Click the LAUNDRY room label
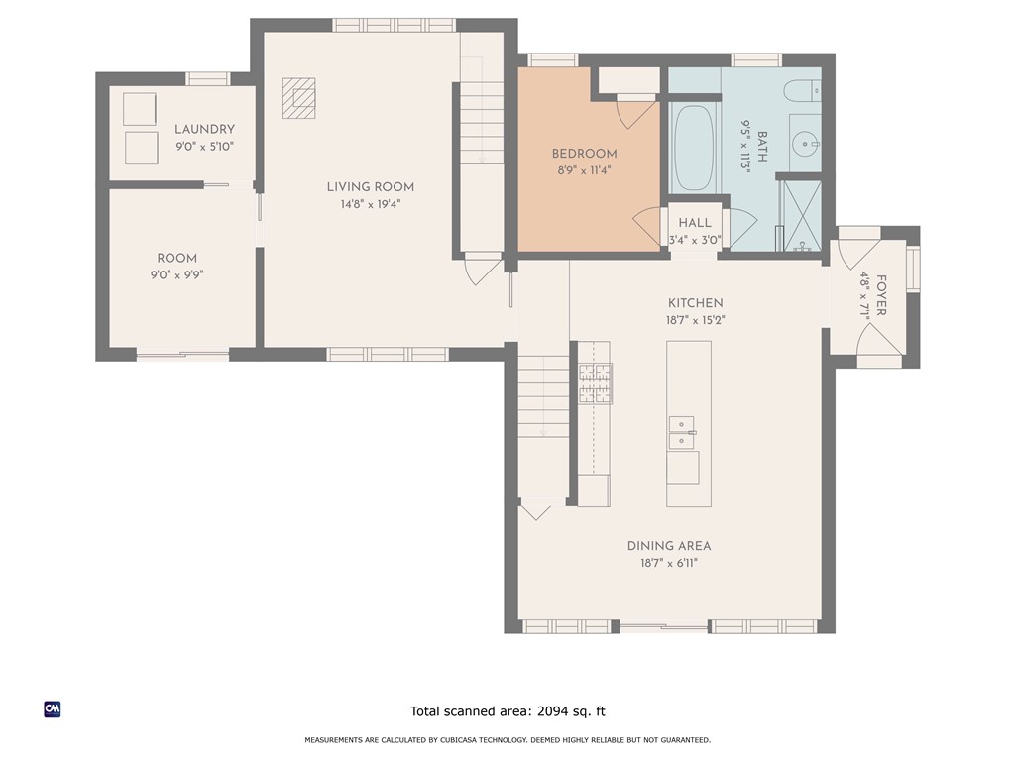[204, 130]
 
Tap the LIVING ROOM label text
[371, 187]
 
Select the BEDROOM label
[584, 154]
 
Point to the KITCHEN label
[695, 303]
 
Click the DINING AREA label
[669, 546]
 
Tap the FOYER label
[881, 295]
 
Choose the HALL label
[695, 223]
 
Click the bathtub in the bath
[694, 147]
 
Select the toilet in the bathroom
[802, 90]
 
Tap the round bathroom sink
[805, 143]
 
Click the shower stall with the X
[802, 215]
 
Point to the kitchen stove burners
[595, 383]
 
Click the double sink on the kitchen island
[681, 433]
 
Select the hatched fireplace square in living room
[299, 98]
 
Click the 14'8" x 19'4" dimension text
[371, 204]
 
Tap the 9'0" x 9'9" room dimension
[176, 275]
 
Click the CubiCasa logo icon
[53, 709]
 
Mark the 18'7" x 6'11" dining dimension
[669, 563]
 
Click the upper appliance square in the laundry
[140, 109]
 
